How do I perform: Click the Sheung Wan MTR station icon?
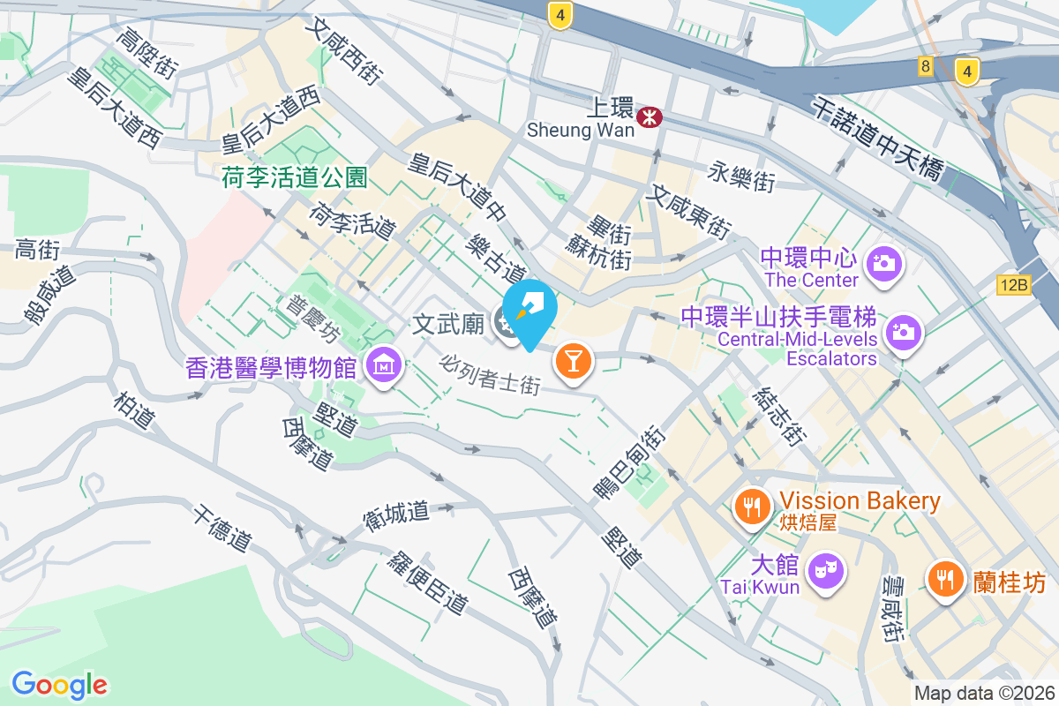point(650,116)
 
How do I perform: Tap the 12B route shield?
point(1015,284)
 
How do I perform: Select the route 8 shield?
point(925,65)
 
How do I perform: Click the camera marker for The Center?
point(882,262)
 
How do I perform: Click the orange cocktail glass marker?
point(573,360)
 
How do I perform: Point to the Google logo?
point(60,684)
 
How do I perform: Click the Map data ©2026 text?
point(984,693)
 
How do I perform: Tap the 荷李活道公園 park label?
point(295,177)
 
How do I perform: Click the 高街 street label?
point(37,251)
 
